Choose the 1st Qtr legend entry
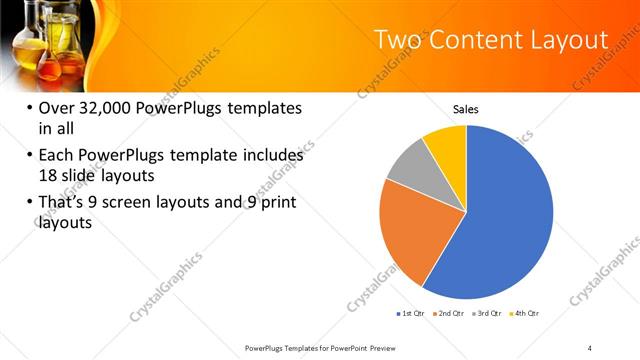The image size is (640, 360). [x=410, y=314]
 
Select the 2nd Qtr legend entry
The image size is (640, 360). [x=451, y=314]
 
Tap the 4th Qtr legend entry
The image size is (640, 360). [x=527, y=314]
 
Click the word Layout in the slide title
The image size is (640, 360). [x=569, y=40]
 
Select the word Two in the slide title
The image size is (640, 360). [x=396, y=40]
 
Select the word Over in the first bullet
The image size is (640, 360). [x=57, y=108]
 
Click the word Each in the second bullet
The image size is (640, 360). [x=57, y=156]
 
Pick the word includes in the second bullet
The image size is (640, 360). [x=270, y=156]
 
